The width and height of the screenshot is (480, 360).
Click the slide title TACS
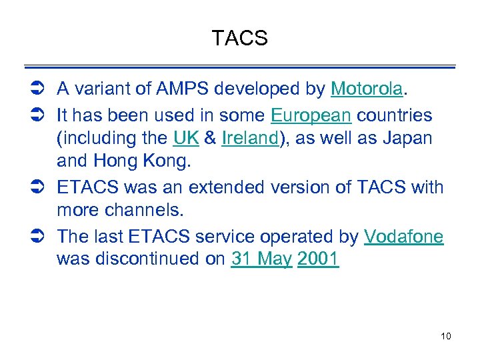point(239,39)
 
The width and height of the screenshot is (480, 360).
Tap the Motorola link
point(367,89)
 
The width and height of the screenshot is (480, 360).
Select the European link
point(311,115)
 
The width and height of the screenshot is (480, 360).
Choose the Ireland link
point(249,139)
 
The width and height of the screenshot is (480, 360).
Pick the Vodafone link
point(403,236)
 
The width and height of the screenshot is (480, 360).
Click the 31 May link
point(261,260)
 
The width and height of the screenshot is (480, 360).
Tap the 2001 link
point(318,260)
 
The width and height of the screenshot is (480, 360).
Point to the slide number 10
point(446,336)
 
